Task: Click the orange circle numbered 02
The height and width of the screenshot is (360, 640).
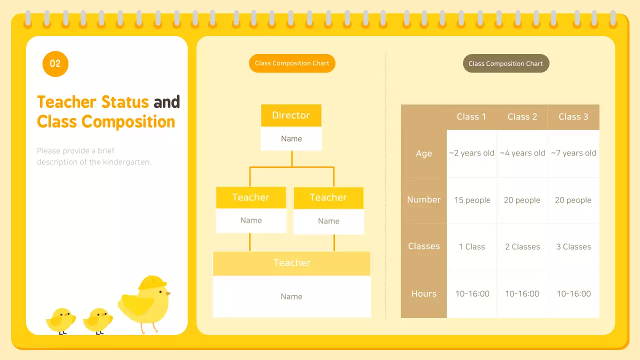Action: click(55, 63)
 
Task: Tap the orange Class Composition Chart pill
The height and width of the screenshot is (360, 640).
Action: click(292, 63)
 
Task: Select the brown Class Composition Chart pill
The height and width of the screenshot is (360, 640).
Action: click(505, 63)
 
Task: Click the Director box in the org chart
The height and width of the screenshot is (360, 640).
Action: click(291, 115)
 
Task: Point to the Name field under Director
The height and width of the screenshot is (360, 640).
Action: click(291, 138)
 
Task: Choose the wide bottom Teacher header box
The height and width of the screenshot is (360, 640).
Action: click(291, 263)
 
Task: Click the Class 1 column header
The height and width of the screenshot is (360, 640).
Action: click(471, 117)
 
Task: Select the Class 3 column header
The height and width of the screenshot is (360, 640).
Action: click(573, 117)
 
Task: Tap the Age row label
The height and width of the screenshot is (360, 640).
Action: click(423, 153)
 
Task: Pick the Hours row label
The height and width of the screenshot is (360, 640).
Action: click(423, 294)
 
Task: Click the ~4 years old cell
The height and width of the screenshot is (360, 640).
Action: click(522, 153)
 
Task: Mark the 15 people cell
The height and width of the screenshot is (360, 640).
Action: click(472, 200)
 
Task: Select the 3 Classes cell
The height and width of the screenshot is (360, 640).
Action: click(573, 247)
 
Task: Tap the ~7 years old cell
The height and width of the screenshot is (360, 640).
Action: click(573, 153)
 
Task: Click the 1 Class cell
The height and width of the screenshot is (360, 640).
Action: click(472, 247)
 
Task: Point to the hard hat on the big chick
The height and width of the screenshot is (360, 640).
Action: click(152, 282)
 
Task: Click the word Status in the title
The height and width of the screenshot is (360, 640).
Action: click(124, 102)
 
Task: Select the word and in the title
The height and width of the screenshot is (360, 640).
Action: click(166, 102)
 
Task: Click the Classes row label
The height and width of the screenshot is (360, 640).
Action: click(423, 246)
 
